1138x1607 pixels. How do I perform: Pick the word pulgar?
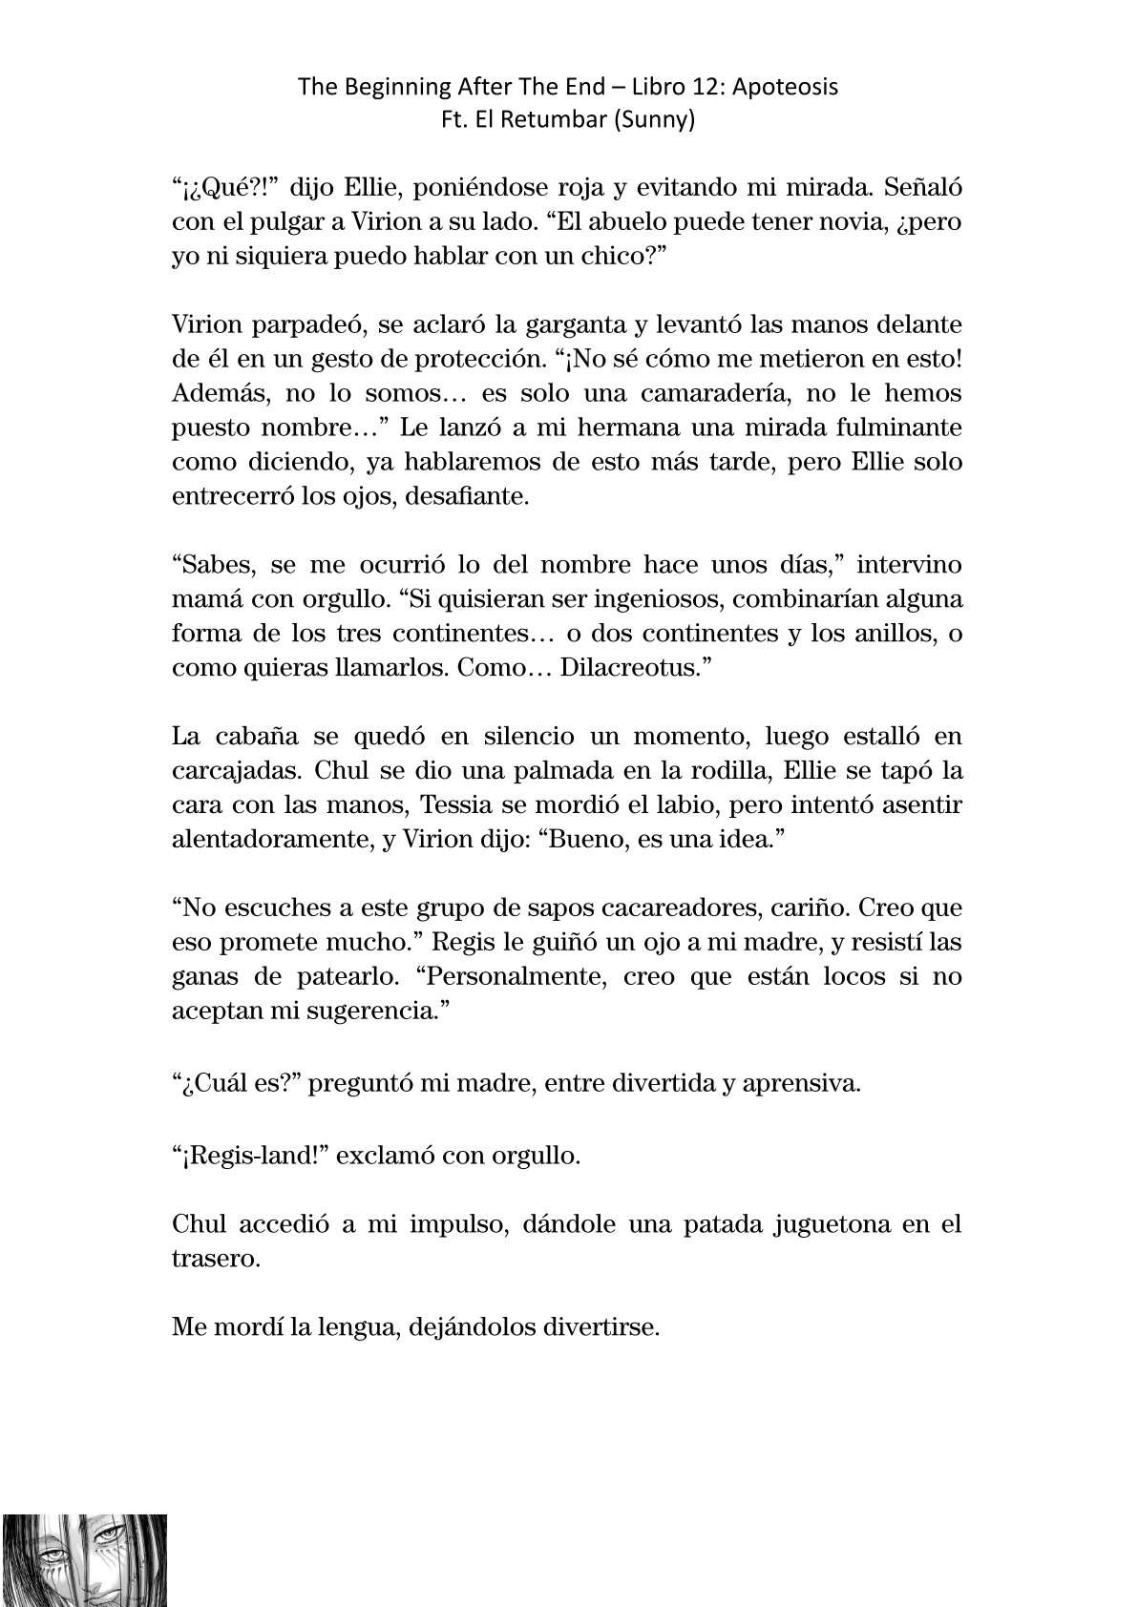click(x=264, y=222)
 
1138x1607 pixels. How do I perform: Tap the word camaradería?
click(x=730, y=393)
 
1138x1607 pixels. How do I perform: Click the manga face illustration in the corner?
click(x=84, y=1559)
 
